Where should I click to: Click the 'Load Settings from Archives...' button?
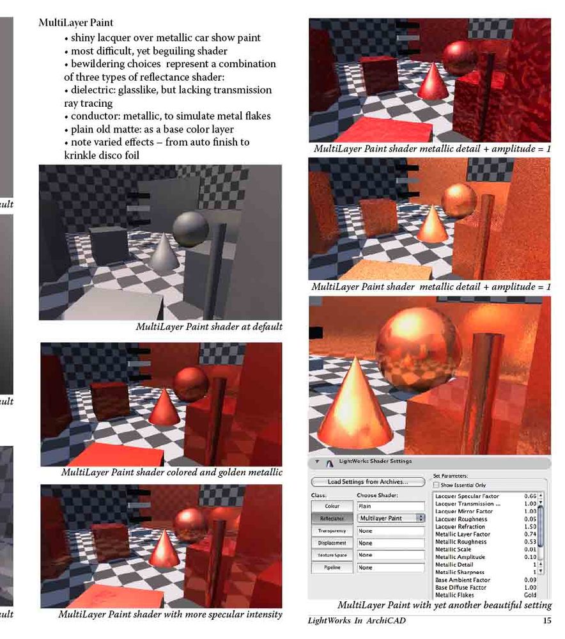point(368,482)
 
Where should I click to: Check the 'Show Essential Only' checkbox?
point(437,485)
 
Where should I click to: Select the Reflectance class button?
point(332,518)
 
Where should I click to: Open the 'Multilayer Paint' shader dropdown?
point(391,518)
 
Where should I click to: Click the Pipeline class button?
point(332,567)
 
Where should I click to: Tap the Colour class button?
point(332,506)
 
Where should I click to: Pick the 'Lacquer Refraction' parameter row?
point(460,526)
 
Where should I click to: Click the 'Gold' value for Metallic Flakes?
point(530,595)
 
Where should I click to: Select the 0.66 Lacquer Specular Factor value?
point(529,496)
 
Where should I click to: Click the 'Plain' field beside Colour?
point(391,506)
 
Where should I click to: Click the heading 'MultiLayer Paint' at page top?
point(76,22)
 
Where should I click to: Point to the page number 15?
point(546,620)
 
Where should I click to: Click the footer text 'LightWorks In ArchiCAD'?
point(357,620)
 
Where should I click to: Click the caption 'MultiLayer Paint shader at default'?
point(209,327)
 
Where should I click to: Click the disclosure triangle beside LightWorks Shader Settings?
point(316,462)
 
